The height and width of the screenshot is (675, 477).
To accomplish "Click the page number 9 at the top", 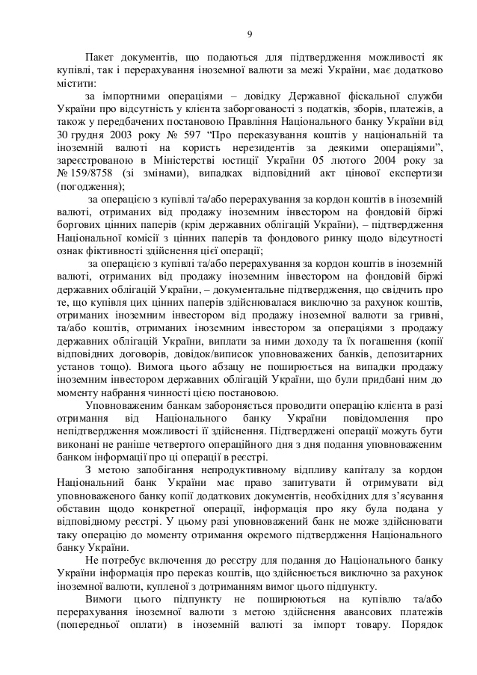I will point(249,33).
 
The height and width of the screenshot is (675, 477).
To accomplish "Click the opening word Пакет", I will point(101,57).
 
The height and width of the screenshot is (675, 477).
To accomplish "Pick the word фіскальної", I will point(361,96).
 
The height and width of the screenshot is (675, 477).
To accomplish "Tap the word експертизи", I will point(410,173).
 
